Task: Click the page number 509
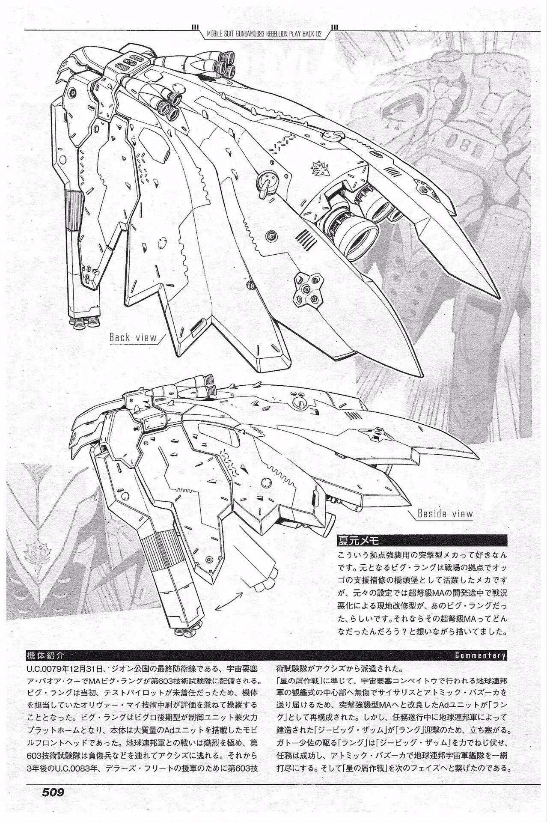tap(53, 804)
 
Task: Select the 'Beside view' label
tap(445, 513)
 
